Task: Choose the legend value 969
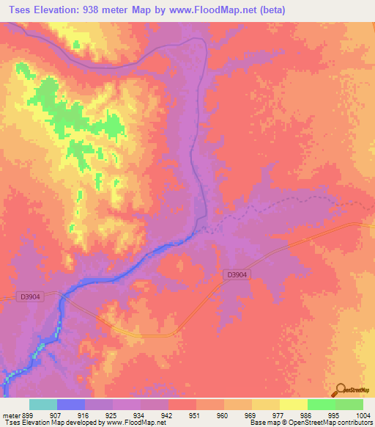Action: click(257, 415)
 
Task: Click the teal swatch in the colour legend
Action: click(43, 404)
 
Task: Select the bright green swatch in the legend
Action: click(322, 404)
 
